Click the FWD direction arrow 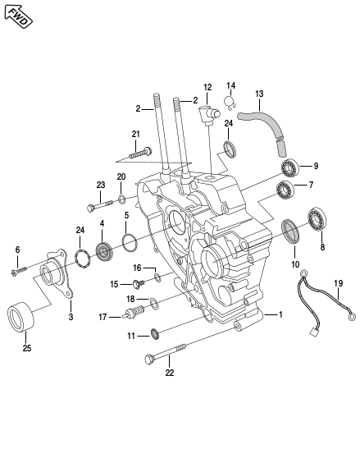pos(18,16)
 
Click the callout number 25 pos(27,348)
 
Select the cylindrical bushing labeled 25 pos(21,317)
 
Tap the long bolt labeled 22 pos(166,355)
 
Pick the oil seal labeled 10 pos(291,231)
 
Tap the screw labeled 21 pos(140,153)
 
